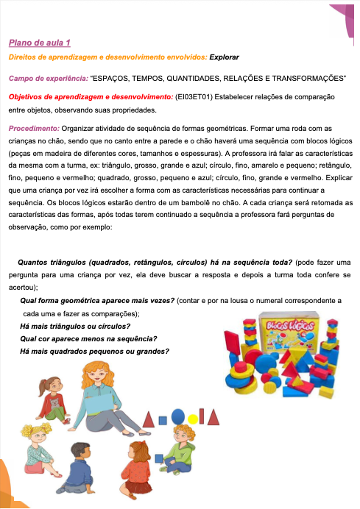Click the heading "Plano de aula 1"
(40, 43)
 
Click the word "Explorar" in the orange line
(225, 57)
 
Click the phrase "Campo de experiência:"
(47, 77)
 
